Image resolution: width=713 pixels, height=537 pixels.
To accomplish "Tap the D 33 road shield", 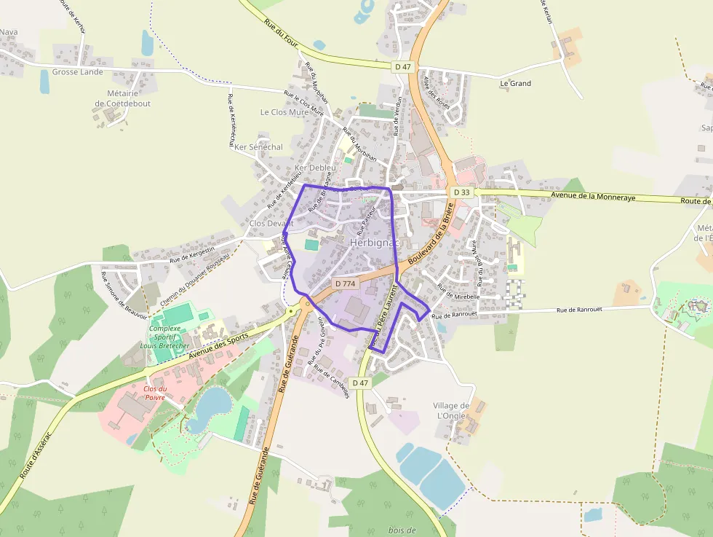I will [461, 192].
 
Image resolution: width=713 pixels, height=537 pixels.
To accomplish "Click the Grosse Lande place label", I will [77, 72].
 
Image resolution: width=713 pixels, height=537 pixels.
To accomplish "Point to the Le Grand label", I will [515, 83].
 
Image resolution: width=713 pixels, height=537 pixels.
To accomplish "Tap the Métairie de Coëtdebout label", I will [123, 98].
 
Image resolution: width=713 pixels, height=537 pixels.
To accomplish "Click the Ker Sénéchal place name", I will [258, 147].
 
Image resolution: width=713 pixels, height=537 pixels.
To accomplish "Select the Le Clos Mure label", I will [284, 112].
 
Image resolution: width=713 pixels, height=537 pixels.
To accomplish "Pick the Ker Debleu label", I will [315, 168].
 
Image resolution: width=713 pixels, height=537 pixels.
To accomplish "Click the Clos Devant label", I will [271, 223].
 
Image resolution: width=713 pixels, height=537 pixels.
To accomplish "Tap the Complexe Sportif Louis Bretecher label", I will [169, 337].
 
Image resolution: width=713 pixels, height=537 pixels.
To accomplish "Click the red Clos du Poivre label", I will [154, 393].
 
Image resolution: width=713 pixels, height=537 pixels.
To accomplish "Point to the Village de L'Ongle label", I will [452, 410].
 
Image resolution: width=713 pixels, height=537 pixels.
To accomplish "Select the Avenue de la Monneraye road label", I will [594, 196].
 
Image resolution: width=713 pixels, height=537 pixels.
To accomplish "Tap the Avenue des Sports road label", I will [218, 344].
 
